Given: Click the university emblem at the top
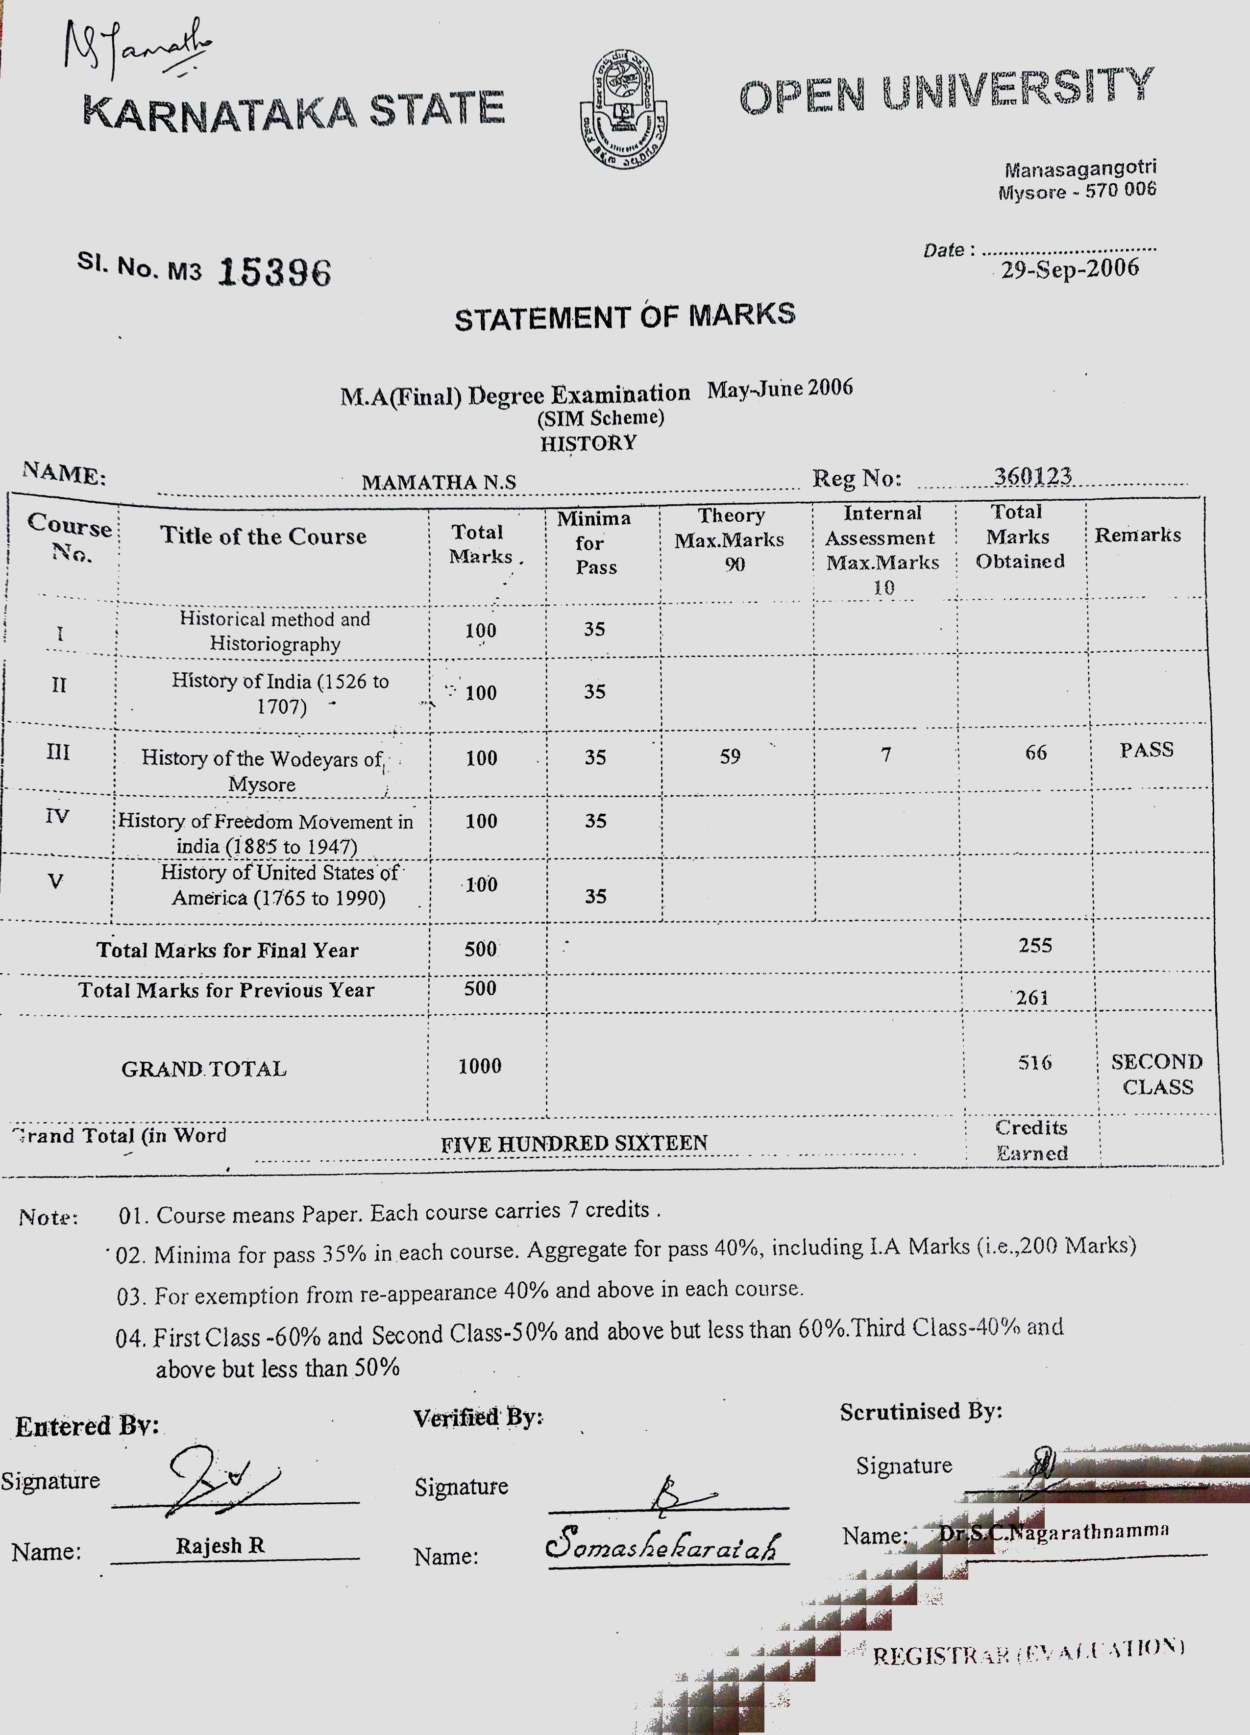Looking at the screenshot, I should (x=623, y=109).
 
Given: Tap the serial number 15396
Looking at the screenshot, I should (x=274, y=271).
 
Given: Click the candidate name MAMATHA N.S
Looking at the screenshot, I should (x=439, y=482).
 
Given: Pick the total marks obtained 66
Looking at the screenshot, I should (x=1036, y=753).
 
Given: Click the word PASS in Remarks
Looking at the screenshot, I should (x=1146, y=750).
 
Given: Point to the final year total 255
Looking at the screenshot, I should (x=1035, y=946).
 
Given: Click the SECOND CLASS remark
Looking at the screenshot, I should (x=1157, y=1074).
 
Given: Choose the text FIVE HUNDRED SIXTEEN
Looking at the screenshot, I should (x=574, y=1144).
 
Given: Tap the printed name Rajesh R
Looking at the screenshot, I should (x=221, y=1545).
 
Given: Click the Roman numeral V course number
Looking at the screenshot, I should (x=55, y=881).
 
